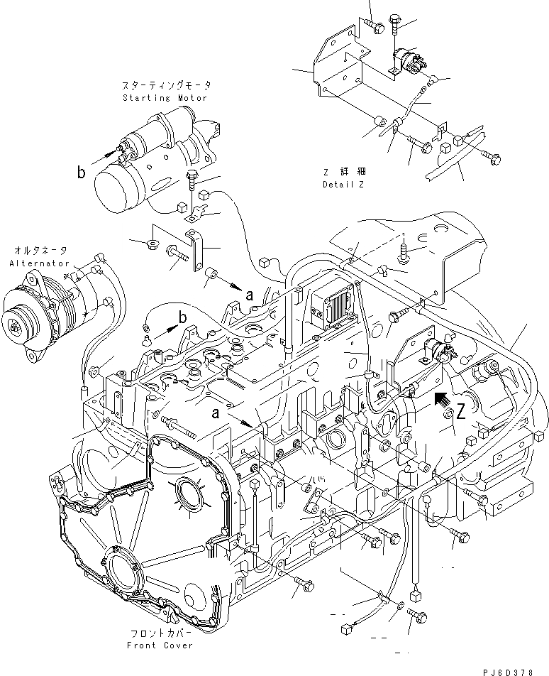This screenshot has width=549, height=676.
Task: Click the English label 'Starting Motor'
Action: [x=165, y=97]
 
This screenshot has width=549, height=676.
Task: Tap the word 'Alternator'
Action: [x=40, y=263]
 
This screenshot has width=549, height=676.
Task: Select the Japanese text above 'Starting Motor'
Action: [x=165, y=85]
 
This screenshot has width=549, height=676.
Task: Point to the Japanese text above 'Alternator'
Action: [x=40, y=251]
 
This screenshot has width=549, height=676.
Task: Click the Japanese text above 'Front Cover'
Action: [x=156, y=633]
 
